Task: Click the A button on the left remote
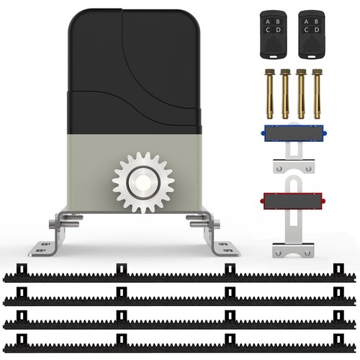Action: coord(268,22)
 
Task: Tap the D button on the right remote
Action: coord(317,30)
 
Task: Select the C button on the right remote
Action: coord(306,30)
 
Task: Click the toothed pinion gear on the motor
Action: coord(143,182)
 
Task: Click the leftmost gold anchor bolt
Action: coord(269,94)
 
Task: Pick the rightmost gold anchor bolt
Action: coord(317,94)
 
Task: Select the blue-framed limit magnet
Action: coord(294,133)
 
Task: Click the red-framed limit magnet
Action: coord(293,201)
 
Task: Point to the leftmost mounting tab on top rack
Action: coord(22,269)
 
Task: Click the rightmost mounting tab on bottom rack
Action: coord(338,339)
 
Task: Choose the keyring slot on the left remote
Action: coord(273,57)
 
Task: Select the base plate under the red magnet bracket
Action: coord(293,250)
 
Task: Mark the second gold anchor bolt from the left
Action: coord(285,94)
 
